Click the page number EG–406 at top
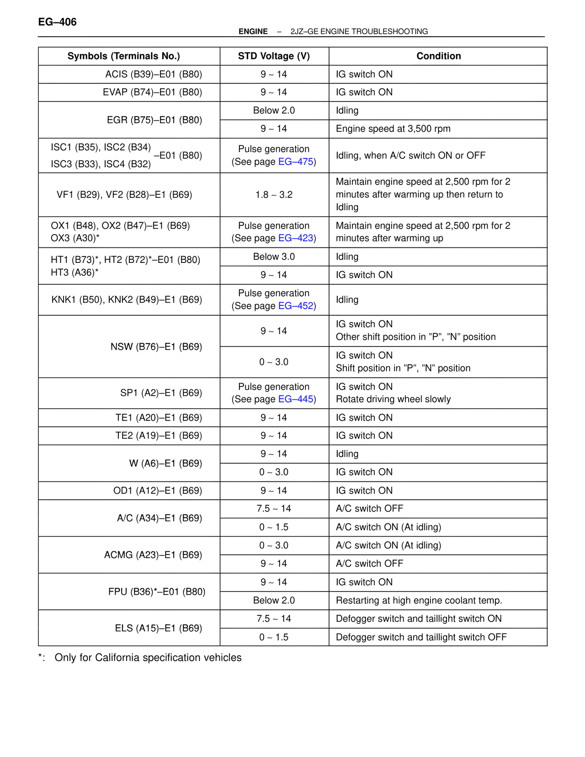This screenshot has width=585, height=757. click(57, 22)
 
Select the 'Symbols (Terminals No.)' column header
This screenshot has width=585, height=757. click(123, 56)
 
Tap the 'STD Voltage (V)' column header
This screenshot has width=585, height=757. click(274, 56)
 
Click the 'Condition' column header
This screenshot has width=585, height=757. click(438, 56)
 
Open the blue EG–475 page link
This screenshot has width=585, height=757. click(296, 162)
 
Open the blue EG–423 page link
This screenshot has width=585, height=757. click(296, 238)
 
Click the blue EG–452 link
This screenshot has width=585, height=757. click(296, 306)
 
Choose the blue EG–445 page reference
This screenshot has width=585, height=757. click(296, 399)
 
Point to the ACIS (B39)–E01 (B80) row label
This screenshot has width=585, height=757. click(154, 74)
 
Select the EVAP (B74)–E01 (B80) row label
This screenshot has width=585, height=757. click(152, 92)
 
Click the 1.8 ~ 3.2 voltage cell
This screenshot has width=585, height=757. click(274, 195)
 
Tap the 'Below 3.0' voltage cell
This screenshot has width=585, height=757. click(274, 257)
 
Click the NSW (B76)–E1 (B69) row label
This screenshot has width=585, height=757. click(156, 347)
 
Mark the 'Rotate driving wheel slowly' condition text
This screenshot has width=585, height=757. click(393, 399)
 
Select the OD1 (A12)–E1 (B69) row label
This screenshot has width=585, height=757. click(157, 490)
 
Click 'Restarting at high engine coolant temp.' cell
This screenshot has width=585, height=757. click(419, 600)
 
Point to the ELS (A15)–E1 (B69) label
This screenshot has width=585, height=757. click(158, 628)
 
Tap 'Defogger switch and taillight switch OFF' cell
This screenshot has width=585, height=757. click(421, 637)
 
